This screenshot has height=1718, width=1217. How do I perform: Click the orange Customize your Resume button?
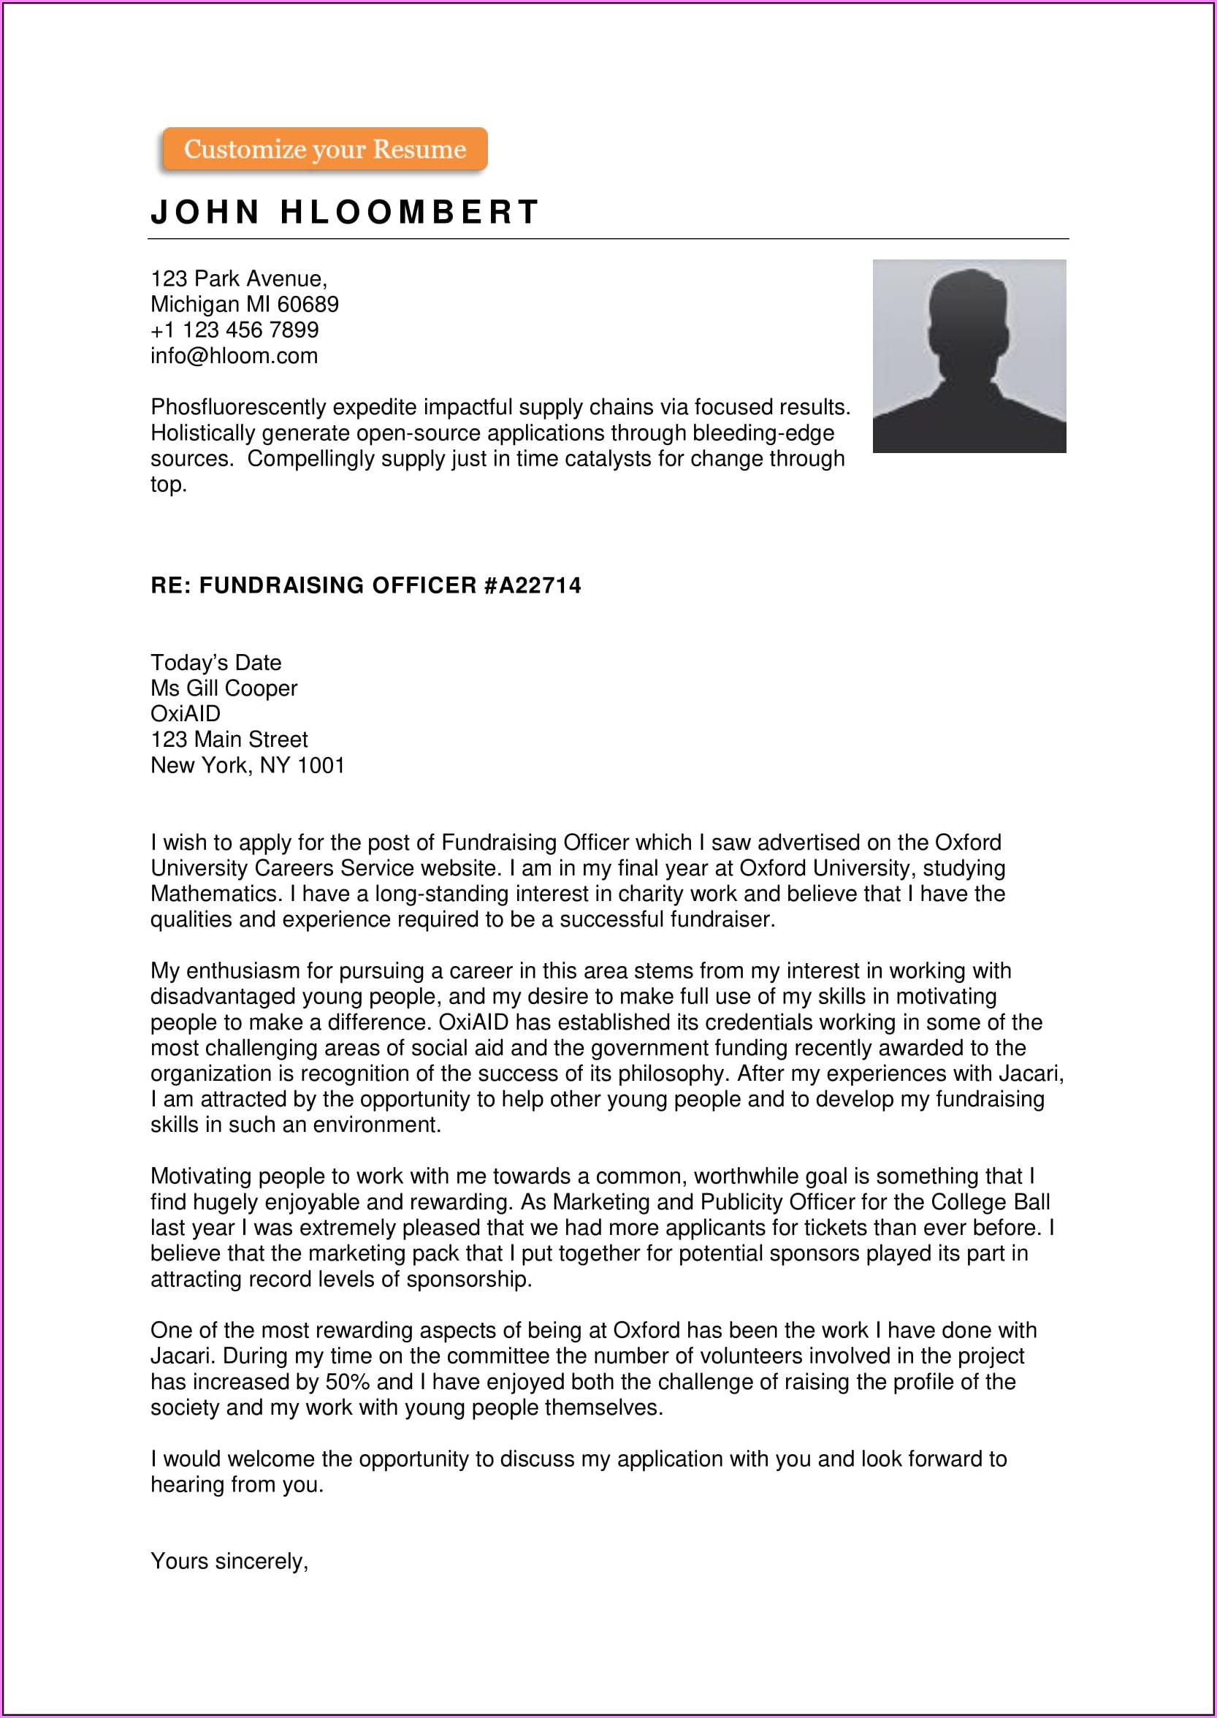(324, 149)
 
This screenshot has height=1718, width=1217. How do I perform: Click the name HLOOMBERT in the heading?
(409, 212)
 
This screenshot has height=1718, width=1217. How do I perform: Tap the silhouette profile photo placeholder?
(969, 356)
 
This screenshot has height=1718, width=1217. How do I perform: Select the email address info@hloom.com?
(234, 355)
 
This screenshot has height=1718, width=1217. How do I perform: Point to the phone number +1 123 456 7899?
(234, 330)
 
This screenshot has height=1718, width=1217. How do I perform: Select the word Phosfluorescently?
(238, 407)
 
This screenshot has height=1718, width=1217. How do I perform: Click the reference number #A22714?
(532, 585)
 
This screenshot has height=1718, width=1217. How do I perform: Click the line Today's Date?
(215, 663)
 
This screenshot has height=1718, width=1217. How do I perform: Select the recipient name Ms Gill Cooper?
(224, 688)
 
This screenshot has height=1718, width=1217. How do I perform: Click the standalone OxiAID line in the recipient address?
(185, 714)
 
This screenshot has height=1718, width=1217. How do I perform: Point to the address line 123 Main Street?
(229, 740)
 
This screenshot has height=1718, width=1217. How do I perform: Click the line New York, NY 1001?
(248, 765)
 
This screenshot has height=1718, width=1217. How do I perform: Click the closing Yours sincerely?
(229, 1562)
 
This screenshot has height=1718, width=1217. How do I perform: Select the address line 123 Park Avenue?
(238, 279)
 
